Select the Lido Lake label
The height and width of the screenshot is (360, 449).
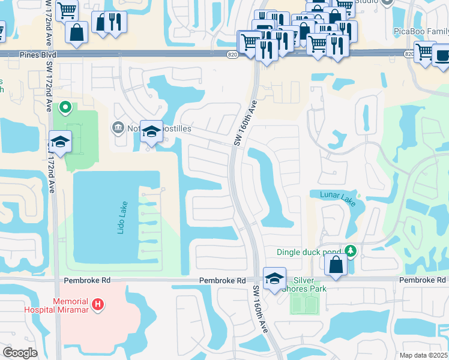point(121,217)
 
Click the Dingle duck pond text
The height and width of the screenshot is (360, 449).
point(309,253)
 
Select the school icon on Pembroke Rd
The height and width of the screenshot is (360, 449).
point(274,279)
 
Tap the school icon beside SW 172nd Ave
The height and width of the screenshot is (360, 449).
point(60,142)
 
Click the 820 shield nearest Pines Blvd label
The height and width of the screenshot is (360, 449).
point(232,55)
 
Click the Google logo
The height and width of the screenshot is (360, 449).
point(20,353)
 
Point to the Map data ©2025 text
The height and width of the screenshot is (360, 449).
point(423,355)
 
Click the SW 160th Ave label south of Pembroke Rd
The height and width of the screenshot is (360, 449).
point(261,309)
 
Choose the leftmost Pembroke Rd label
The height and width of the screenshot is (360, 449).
point(85,281)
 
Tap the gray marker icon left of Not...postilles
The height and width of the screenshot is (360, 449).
point(117,127)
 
